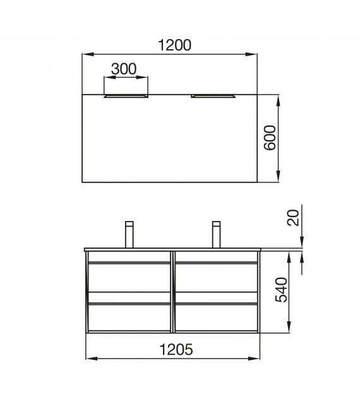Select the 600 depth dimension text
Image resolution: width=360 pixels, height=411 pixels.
pos(270,138)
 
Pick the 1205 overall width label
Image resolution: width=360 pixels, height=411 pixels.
pos(171,348)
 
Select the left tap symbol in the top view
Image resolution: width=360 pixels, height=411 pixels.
pos(126,96)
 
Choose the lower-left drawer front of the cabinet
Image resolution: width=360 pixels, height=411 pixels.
pos(129,318)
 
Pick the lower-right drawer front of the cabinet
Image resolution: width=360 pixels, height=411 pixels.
pos(215,318)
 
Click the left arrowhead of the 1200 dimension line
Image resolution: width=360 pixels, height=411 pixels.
pos(87,55)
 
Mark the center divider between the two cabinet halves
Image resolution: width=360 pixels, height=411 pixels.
pos(172,290)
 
